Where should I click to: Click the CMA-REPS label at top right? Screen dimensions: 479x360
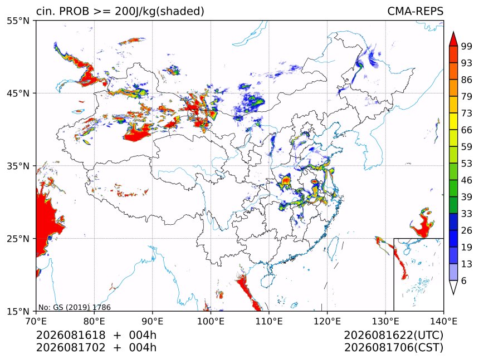pos(415,11)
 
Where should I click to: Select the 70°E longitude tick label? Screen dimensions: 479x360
pos(36,321)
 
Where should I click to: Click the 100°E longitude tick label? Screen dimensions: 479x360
pos(211,321)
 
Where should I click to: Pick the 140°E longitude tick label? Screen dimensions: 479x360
pos(443,321)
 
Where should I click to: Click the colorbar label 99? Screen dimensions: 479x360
pos(467,46)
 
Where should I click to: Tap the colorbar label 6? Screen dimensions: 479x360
pos(464,280)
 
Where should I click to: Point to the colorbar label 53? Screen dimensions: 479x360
pos(467,164)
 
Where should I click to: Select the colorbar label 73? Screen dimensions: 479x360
pos(467,113)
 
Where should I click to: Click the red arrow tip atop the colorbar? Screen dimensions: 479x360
pos(453,32)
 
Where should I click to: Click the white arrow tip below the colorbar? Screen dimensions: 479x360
pos(453,294)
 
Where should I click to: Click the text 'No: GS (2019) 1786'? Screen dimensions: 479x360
pos(75,307)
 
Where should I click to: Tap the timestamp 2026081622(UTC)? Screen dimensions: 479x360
pos(393,335)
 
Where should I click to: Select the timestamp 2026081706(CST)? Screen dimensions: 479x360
pos(393,348)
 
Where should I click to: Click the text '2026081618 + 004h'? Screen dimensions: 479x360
pos(96,335)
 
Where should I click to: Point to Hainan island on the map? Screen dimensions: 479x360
pos(268,280)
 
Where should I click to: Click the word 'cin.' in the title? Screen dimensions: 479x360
pos(45,11)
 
